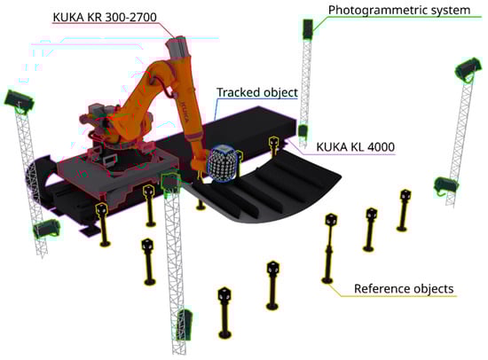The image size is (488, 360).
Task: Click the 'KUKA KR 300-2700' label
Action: point(105,17)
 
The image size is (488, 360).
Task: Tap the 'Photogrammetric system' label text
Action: point(399,10)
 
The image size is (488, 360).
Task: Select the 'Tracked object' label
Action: point(257,92)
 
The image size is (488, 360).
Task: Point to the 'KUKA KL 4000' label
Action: point(356,146)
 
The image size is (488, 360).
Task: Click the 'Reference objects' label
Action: point(404,289)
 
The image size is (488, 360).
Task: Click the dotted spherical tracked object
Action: point(223,163)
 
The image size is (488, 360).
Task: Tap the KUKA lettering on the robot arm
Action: point(185,112)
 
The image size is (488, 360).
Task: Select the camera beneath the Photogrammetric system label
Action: point(308,29)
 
